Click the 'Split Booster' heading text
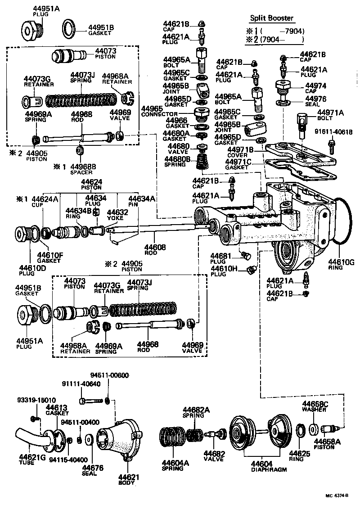pyautogui.click(x=271, y=18)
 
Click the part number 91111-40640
pyautogui.click(x=81, y=383)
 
